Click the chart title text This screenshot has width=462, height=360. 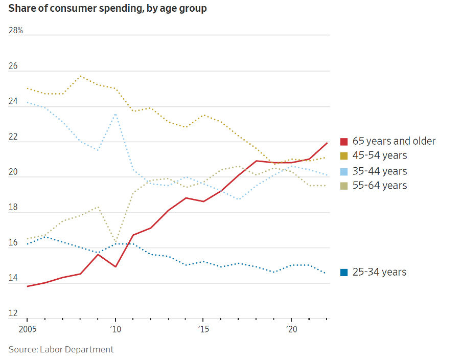107,9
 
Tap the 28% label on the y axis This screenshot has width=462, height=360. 16,31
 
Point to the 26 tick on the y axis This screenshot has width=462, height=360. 13,66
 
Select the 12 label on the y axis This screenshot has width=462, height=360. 13,313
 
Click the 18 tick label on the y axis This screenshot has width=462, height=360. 13,208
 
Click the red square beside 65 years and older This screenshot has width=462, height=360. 344,142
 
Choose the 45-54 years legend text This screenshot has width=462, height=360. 380,155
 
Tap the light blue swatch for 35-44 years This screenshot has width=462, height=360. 344,171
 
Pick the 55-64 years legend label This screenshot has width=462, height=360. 380,185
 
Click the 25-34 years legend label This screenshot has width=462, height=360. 380,272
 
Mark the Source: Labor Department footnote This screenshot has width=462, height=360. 61,350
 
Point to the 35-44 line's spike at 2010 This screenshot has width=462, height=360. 115,114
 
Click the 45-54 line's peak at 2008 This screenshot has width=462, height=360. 80,76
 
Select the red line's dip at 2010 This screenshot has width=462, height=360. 115,267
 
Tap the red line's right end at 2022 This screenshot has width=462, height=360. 327,143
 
